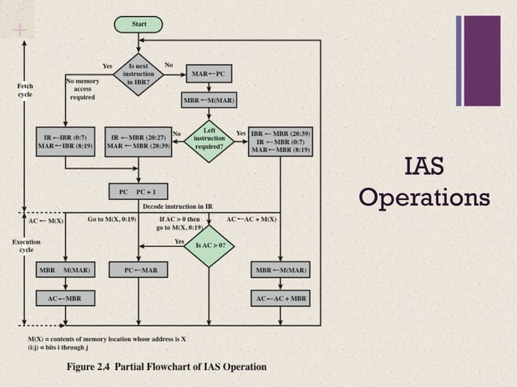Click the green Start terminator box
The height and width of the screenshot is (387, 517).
[x=139, y=24]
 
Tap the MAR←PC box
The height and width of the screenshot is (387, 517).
[x=208, y=74]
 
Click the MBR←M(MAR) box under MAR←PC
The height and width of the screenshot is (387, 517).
[x=208, y=100]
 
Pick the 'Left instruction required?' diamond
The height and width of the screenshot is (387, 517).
[x=208, y=138]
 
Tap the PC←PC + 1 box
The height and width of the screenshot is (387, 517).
[x=139, y=191]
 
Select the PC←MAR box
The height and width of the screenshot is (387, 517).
[x=139, y=270]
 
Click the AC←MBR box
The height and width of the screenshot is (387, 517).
[x=65, y=298]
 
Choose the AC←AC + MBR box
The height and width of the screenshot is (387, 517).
[x=280, y=298]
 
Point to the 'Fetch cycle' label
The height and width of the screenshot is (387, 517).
[x=25, y=89]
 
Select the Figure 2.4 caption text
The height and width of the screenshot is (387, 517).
[x=166, y=367]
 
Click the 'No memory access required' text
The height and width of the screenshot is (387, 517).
[x=82, y=89]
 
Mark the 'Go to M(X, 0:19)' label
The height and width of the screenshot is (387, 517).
[x=111, y=219]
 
